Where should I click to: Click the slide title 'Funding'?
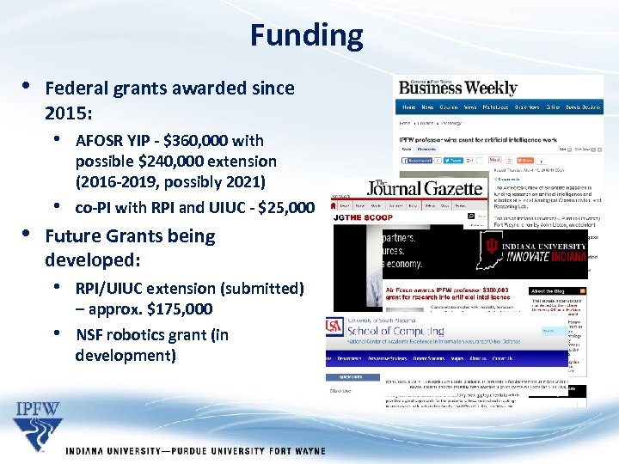tap(307, 35)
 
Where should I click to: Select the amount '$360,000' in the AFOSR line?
tap(182, 140)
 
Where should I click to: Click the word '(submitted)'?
tap(262, 288)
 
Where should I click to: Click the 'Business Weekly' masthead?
tap(457, 88)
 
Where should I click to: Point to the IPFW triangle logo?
tap(37, 422)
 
